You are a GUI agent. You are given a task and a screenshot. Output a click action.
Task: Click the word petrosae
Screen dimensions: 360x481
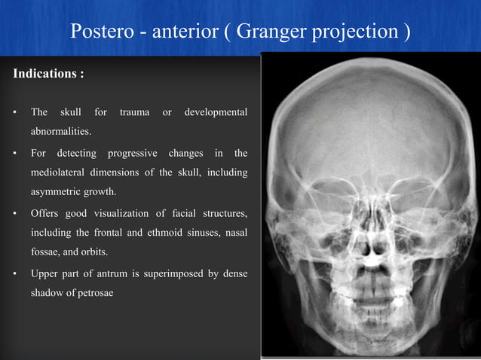coord(92,293)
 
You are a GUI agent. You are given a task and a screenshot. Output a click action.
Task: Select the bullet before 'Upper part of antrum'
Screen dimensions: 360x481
coord(16,273)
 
